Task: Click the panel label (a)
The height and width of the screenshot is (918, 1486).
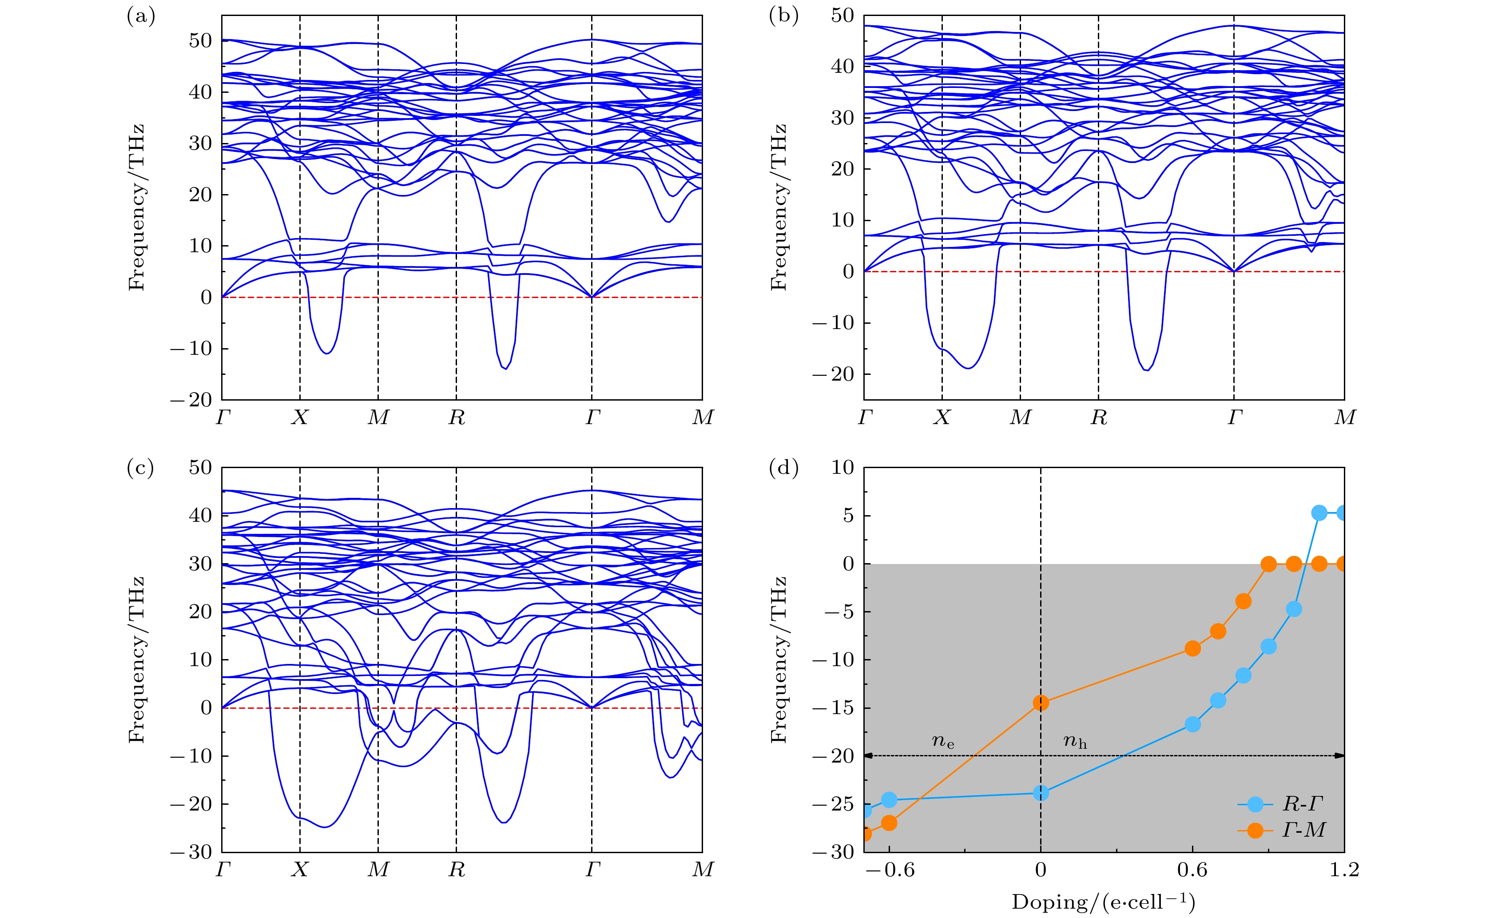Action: click(141, 16)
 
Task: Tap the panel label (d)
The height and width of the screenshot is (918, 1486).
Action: click(783, 468)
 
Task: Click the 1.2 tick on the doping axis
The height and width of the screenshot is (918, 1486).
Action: click(1344, 870)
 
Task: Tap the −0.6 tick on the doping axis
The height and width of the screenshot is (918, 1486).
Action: click(889, 870)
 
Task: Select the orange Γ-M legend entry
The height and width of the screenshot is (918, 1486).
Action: click(1281, 830)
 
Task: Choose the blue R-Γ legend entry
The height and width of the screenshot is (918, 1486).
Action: click(1281, 804)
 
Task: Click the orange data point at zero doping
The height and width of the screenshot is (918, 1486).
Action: click(1041, 703)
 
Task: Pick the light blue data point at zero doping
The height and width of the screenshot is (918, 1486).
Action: click(1041, 793)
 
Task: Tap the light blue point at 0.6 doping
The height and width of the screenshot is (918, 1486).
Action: click(1192, 724)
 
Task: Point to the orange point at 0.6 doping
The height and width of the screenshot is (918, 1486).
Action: click(1192, 648)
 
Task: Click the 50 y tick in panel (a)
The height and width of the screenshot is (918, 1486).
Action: click(200, 41)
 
